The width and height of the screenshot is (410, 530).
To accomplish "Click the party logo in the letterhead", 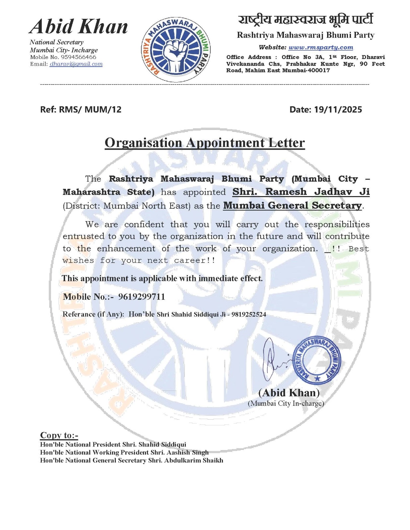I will coord(176,50).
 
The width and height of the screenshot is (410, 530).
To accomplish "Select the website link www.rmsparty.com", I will coord(320,47).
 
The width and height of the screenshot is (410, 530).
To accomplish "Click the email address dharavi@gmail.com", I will coord(76,64).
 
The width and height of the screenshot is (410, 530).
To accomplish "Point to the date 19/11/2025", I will coord(338,110).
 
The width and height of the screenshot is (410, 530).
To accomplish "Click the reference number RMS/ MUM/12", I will coord(90,110).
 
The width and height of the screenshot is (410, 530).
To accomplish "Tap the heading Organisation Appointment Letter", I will coord(205,143).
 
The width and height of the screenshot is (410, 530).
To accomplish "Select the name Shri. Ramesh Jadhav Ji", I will coord(301,192).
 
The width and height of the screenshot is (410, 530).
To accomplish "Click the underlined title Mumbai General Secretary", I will coord(292,205).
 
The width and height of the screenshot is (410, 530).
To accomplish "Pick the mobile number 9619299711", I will coord(142,296).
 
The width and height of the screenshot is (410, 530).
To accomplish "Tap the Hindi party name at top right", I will coord(306,20).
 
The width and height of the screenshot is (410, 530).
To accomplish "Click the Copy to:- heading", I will coord(59,435).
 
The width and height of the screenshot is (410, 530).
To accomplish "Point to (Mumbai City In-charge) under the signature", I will coord(286,403).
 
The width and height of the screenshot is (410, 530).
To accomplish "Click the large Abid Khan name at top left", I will coord(79,26).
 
